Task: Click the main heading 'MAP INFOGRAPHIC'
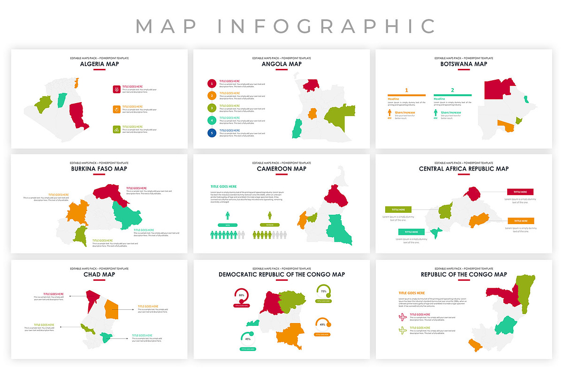pos(285,26)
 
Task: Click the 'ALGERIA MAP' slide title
pos(99,64)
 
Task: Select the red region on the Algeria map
pos(78,115)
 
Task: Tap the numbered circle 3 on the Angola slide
pos(212,108)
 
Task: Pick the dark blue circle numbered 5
pos(212,133)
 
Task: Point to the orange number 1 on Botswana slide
pos(406,90)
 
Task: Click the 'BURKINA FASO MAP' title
pos(99,169)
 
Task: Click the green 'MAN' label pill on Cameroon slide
pos(228,225)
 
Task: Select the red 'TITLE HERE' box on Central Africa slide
pos(520,192)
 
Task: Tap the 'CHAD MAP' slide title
pos(99,274)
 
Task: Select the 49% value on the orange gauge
pos(322,324)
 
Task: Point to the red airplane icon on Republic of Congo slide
pos(402,317)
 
